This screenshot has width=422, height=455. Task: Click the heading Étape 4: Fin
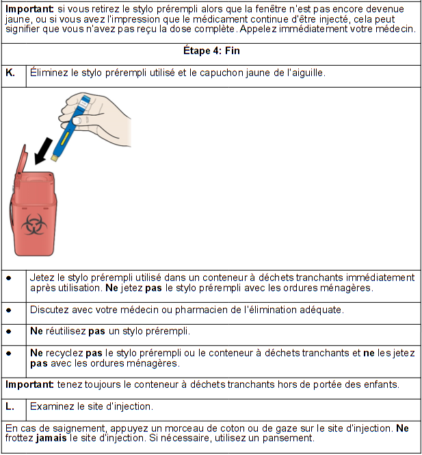[211, 52]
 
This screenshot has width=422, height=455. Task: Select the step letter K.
[10, 72]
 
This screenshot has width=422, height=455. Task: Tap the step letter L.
[10, 406]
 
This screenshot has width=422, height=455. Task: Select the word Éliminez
[51, 72]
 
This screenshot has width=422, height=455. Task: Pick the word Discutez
[50, 310]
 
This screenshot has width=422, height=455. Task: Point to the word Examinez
[53, 406]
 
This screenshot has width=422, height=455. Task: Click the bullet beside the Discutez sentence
[9, 310]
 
